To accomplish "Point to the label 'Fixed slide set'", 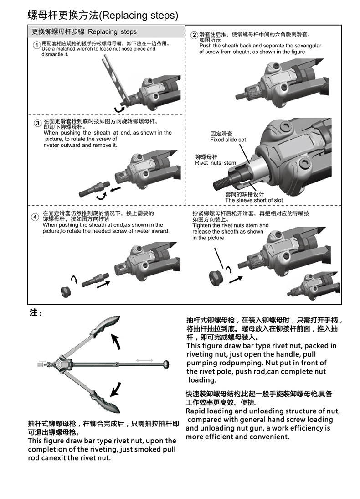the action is [x=228, y=140].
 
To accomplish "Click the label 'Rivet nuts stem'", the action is [x=216, y=163].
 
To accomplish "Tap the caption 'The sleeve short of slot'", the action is [x=254, y=200].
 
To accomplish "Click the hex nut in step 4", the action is [x=66, y=290].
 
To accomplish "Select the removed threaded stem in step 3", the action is [x=94, y=188].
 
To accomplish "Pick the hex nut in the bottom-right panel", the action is [x=215, y=277].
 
